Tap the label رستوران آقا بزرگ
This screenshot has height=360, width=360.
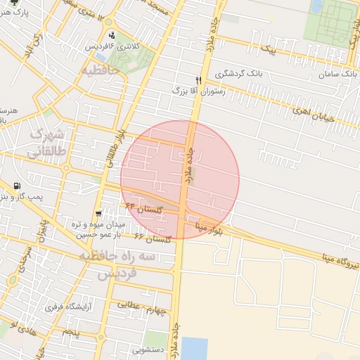tap(198, 91)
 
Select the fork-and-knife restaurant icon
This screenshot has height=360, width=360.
tap(198, 80)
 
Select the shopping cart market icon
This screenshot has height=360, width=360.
tap(99, 212)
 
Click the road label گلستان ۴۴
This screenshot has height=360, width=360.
tap(143, 209)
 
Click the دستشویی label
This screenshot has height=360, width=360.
tap(147, 349)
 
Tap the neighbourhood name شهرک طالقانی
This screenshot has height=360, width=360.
tap(46, 141)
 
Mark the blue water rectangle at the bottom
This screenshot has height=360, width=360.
tap(194, 348)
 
